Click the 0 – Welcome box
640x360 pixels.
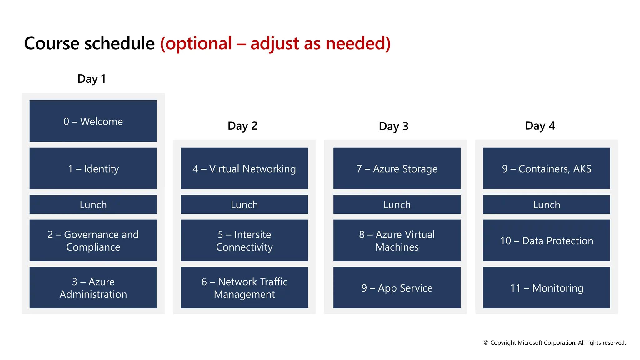tap(93, 121)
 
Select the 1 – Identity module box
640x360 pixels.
tap(93, 168)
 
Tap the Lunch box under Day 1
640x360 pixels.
tap(93, 204)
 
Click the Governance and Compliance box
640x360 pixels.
tap(93, 240)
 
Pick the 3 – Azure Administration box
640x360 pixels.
tap(93, 287)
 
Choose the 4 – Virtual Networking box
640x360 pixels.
tap(244, 168)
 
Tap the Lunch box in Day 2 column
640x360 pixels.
tap(244, 204)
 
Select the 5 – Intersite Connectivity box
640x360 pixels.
tap(244, 240)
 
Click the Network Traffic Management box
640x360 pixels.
tap(244, 287)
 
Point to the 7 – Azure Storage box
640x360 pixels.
tap(397, 168)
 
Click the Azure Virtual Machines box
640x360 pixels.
tap(397, 240)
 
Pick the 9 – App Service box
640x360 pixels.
tap(397, 287)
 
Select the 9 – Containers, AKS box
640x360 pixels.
tap(546, 168)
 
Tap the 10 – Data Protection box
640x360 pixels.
tap(546, 240)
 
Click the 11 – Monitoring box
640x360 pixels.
tap(546, 287)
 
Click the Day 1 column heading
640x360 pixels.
tap(92, 79)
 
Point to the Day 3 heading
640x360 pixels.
tap(393, 126)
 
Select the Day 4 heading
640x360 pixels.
tap(540, 126)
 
